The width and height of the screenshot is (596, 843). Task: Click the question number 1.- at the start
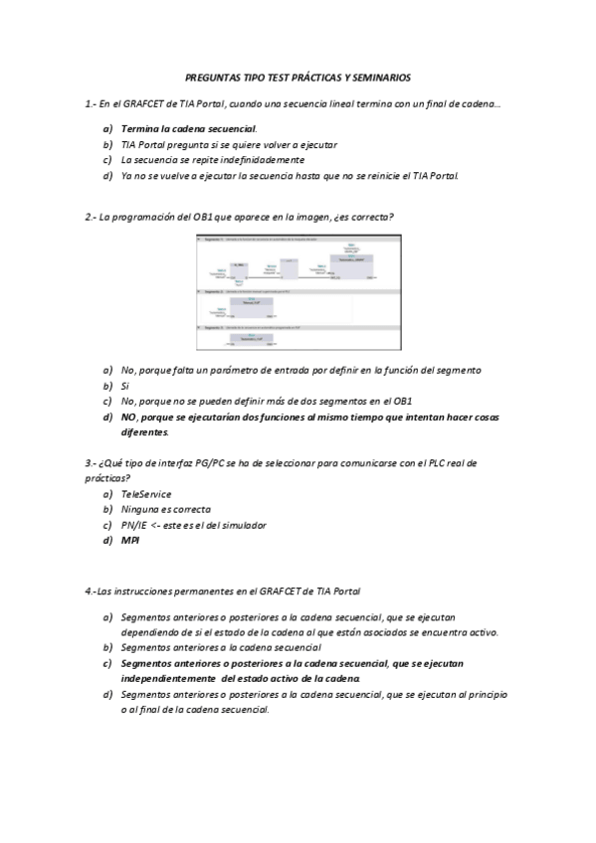click(92, 103)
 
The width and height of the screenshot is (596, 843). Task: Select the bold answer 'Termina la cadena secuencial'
click(188, 129)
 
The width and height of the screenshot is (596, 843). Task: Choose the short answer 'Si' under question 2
click(125, 385)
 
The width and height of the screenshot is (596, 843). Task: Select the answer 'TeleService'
click(145, 493)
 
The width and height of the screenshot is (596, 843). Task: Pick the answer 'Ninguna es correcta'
click(165, 509)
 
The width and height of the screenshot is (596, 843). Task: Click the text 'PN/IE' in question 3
click(133, 525)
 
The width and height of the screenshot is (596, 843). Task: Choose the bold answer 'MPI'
click(129, 541)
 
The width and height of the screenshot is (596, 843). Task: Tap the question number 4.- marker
click(92, 590)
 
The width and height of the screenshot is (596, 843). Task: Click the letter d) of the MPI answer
click(107, 541)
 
